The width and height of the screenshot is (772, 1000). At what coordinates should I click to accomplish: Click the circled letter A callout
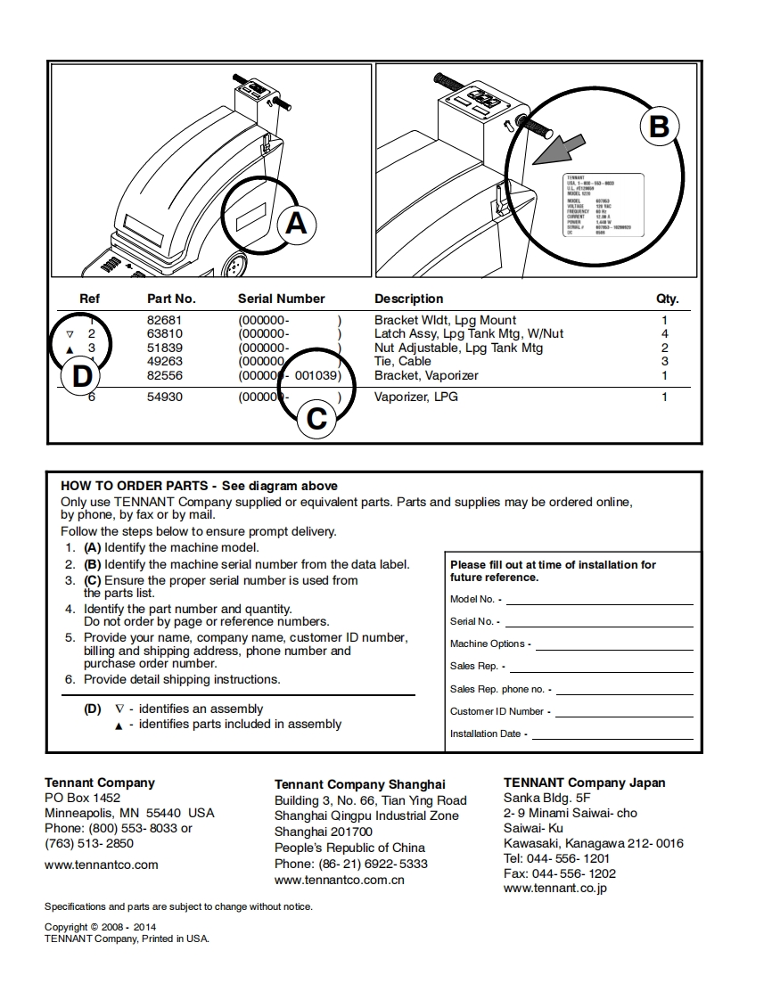pyautogui.click(x=296, y=223)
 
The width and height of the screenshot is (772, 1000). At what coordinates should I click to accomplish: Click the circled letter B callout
pyautogui.click(x=658, y=127)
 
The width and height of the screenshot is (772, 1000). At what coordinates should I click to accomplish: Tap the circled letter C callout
pyautogui.click(x=316, y=418)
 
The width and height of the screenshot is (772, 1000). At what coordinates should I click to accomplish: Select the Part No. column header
pyautogui.click(x=171, y=299)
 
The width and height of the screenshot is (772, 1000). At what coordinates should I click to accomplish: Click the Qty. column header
pyautogui.click(x=667, y=299)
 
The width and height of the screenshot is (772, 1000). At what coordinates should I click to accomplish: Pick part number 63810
pyautogui.click(x=164, y=334)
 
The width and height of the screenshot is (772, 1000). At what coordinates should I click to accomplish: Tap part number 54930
pyautogui.click(x=164, y=397)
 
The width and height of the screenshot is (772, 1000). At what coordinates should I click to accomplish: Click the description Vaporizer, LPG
pyautogui.click(x=416, y=397)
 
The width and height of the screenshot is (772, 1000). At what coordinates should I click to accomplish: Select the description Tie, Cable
pyautogui.click(x=402, y=361)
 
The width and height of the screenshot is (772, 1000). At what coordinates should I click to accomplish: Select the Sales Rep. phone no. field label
pyautogui.click(x=500, y=689)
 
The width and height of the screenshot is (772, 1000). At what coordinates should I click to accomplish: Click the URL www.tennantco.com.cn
pyautogui.click(x=340, y=880)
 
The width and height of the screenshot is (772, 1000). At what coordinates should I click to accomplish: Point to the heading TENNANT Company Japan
pyautogui.click(x=584, y=783)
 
